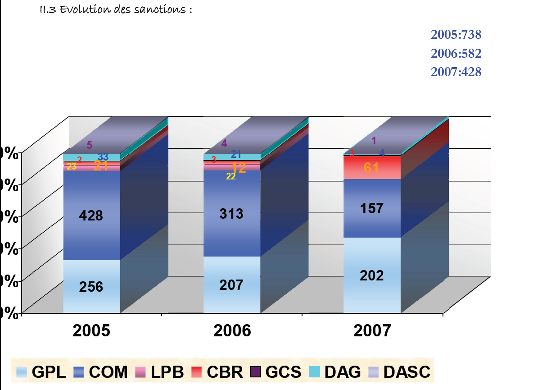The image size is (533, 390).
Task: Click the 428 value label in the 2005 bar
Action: pos(91,216)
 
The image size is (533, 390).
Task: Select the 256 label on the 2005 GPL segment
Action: pos(91,287)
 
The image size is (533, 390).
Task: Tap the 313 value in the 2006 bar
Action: pos(231,214)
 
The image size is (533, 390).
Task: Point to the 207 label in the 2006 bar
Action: pos(231,285)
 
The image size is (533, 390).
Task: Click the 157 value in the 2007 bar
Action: pos(372,208)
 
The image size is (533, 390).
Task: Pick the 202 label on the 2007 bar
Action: pos(372,275)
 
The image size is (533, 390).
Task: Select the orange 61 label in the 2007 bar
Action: pos(371,168)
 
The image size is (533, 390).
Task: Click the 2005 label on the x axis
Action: pos(91,331)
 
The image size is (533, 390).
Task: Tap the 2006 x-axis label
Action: pos(232,331)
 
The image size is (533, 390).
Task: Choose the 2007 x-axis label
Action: pos(372,331)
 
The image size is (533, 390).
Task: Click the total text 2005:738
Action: pos(456,35)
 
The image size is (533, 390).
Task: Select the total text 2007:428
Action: pos(456,72)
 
